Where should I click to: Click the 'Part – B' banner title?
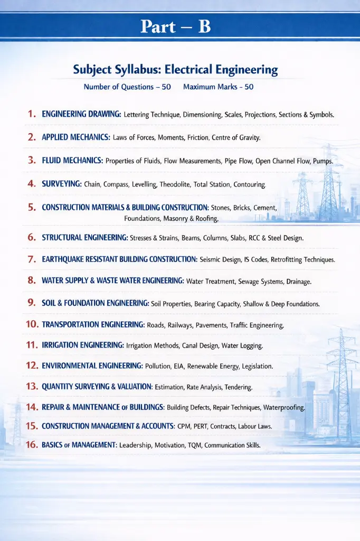pos(176,26)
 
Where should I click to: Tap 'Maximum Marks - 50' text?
pos(218,87)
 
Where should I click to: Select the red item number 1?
pos(32,114)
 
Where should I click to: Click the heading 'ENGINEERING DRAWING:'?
pos(81,114)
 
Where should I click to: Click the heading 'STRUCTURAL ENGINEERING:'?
pos(85,238)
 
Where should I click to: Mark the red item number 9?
pos(31,303)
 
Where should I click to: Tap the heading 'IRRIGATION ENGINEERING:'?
pos(83,346)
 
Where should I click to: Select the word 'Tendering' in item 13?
pos(239,387)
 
